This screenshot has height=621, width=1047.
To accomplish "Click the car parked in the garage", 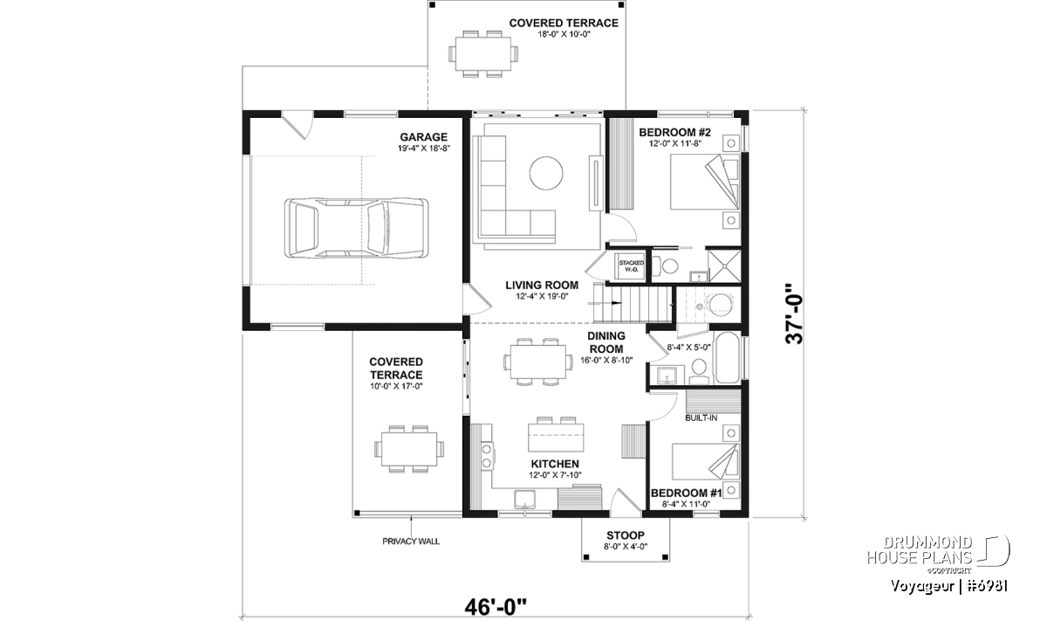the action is [x=356, y=227].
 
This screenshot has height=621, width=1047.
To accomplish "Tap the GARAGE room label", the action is [x=423, y=137].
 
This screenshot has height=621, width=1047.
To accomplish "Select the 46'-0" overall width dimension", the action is [x=496, y=607].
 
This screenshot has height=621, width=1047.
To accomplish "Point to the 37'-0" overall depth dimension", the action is [x=795, y=314].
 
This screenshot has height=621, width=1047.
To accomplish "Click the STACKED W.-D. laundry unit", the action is [x=631, y=266].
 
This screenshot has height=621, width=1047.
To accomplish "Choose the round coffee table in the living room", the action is [x=546, y=173].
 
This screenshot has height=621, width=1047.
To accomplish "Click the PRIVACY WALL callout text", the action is [x=411, y=542].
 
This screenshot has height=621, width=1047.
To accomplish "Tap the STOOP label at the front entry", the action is [x=626, y=535].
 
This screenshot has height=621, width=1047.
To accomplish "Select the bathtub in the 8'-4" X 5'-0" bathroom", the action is [x=728, y=357].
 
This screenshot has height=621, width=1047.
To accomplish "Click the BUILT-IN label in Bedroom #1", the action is [x=701, y=417].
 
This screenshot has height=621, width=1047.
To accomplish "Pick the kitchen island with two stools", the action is [x=556, y=435].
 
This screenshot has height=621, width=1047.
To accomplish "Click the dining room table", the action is [x=538, y=362].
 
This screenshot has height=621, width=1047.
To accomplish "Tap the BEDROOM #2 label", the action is [x=674, y=133].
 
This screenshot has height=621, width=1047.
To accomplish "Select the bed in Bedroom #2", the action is [x=705, y=182].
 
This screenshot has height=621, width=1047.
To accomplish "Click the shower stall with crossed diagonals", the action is [x=724, y=266].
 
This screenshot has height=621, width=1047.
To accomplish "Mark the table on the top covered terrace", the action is [x=483, y=54].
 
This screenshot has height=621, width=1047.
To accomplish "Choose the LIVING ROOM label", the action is [x=542, y=285].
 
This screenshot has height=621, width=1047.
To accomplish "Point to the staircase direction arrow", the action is [x=617, y=303].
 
